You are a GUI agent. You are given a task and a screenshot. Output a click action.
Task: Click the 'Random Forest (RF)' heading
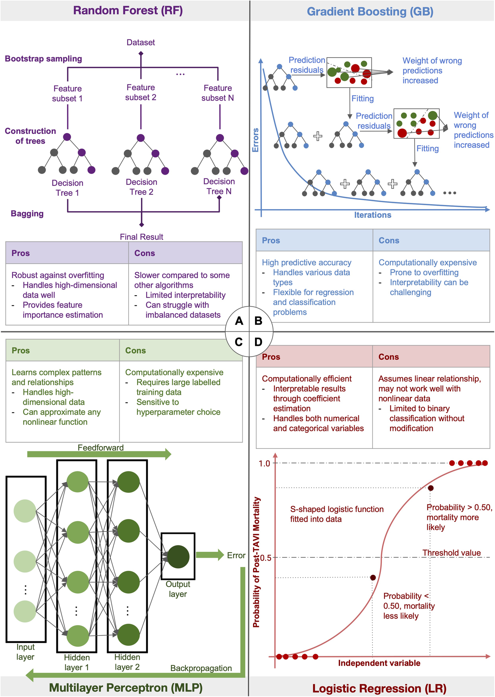[128, 11]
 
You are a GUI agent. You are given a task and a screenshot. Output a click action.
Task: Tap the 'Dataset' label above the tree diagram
[140, 42]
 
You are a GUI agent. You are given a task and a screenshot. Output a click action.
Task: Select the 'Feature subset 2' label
[140, 92]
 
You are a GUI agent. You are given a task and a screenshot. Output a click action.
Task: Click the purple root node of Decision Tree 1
[67, 137]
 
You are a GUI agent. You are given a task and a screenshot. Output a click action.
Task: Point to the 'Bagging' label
[27, 214]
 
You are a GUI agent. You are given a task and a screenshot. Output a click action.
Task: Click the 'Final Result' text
[141, 237]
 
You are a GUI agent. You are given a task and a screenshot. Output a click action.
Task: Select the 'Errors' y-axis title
[255, 140]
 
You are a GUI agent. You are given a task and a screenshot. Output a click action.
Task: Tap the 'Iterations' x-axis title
[372, 215]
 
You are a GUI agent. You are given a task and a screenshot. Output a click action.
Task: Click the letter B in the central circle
[258, 321]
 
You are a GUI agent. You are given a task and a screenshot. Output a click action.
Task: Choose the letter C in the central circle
[239, 342]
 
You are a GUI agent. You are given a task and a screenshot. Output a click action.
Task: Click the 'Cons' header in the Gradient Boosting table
[389, 240]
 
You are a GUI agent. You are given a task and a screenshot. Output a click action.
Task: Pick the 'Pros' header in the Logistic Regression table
[271, 357]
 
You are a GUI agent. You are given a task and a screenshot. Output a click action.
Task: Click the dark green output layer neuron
[178, 557]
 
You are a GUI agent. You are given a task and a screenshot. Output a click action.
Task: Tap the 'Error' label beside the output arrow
[236, 555]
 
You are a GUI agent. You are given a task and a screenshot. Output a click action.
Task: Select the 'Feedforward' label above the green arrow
[101, 447]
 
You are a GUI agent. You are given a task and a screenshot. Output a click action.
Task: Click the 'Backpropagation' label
[201, 668]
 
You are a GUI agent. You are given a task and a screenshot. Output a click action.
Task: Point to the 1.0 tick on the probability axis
[264, 463]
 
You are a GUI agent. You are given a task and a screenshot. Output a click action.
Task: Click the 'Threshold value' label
[452, 553]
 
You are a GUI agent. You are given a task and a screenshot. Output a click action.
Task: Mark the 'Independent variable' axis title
[379, 663]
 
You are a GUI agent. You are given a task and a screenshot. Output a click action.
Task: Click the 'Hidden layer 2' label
[127, 662]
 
